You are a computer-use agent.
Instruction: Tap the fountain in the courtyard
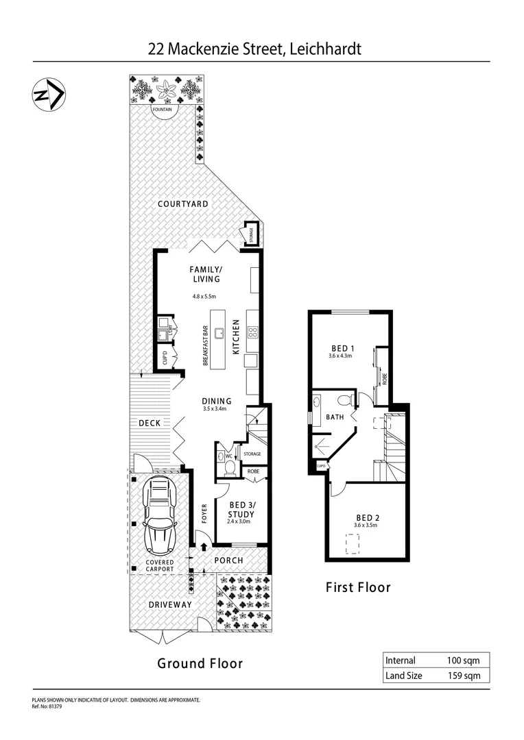coord(165,111)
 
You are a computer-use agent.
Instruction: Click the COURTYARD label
coord(183,204)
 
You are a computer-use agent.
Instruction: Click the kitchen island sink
coord(221,334)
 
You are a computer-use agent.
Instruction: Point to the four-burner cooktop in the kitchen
coord(252,334)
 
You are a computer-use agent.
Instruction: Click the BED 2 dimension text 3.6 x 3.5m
coord(365,526)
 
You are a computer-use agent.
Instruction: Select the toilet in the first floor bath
coord(347,399)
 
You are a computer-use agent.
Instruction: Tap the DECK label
coord(150,423)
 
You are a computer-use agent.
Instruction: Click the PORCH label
coord(229,560)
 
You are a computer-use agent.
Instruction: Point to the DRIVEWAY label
coord(171,604)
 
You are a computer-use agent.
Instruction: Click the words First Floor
coord(358,587)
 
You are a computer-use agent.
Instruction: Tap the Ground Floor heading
coord(200,663)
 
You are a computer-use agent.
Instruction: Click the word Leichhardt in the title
coord(325,49)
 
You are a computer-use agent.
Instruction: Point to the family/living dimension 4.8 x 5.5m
coord(204,297)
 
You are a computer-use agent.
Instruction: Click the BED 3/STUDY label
coord(241,510)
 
